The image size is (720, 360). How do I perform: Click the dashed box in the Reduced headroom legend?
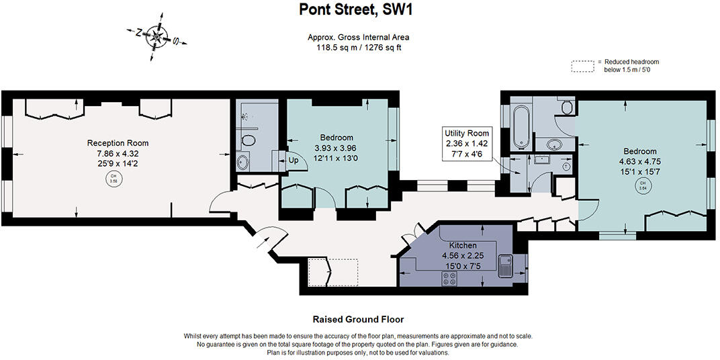(582, 66)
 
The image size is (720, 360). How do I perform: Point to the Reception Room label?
(118, 143)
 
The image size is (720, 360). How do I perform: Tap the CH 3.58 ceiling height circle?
(111, 179)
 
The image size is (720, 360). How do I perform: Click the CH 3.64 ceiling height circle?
(642, 185)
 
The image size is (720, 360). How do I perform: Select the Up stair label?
(293, 161)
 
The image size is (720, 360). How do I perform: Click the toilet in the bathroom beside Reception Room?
(249, 140)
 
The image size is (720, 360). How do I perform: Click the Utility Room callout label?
(467, 133)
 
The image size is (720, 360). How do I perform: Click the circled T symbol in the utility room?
(566, 167)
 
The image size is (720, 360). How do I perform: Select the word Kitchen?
(463, 245)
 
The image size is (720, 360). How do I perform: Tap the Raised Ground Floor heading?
(358, 320)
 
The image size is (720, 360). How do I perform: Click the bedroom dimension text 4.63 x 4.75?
(640, 162)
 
